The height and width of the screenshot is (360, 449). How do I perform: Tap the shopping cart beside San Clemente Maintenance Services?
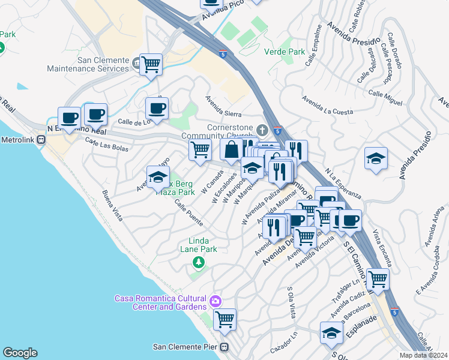(x=151, y=64)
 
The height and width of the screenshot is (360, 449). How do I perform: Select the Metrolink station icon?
(x=41, y=140)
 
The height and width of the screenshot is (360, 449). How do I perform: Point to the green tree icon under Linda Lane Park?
(x=198, y=262)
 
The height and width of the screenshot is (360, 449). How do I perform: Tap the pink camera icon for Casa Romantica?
(x=215, y=299)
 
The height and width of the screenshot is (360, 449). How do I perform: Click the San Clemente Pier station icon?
(x=224, y=347)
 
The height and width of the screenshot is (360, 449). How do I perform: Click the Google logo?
(x=20, y=353)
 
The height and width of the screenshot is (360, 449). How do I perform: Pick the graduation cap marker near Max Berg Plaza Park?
(x=157, y=177)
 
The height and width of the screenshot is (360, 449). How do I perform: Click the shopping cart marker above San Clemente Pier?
(x=224, y=319)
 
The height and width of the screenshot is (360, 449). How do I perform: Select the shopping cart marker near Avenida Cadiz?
(x=378, y=278)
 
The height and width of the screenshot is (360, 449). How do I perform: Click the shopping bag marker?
(x=231, y=150)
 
